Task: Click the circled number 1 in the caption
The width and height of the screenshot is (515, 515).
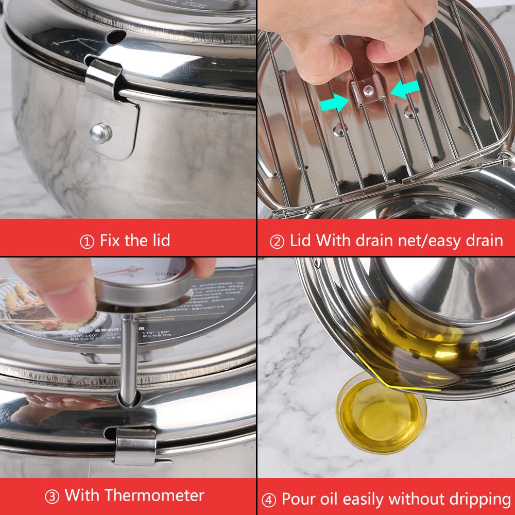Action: tap(87, 241)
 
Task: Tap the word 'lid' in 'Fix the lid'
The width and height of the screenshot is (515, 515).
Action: tap(157, 240)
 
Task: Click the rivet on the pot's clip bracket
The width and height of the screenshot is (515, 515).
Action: tap(100, 133)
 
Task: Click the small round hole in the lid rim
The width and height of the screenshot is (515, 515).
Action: tap(116, 37)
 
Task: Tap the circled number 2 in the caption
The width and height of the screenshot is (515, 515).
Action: tap(277, 241)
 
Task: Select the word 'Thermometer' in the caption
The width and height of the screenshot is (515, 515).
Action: tap(154, 495)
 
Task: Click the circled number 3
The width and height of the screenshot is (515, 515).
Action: tap(51, 496)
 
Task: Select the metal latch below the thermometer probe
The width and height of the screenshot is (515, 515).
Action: tap(135, 445)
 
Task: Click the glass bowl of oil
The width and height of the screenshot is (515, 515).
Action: tap(381, 417)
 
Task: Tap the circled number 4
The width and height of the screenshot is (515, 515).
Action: tap(268, 500)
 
